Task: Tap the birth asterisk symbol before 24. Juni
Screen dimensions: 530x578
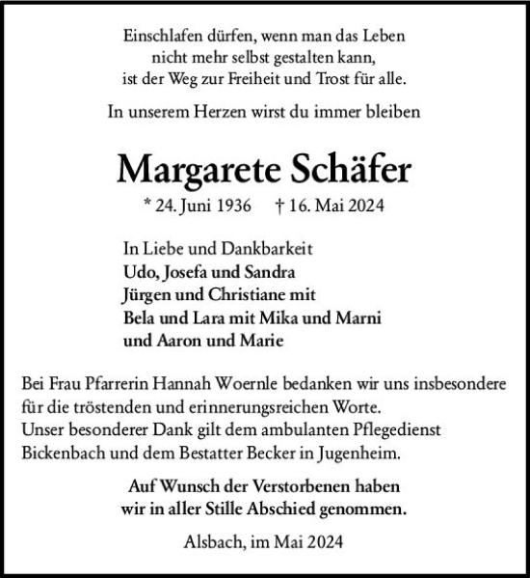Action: tap(145, 206)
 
